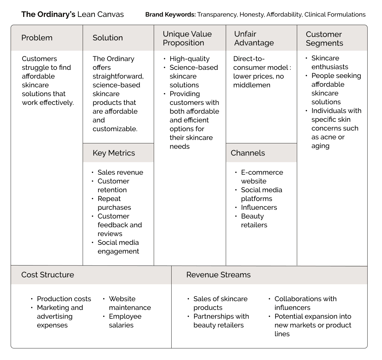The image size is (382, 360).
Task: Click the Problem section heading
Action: pos(37,38)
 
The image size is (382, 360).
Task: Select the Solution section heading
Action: pos(107,38)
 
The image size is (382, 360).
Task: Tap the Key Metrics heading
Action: pos(114,153)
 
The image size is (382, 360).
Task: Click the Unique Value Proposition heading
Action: pos(187,39)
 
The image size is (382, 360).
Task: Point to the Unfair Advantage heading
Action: pos(254,39)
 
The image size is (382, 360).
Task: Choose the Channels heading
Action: pos(248,153)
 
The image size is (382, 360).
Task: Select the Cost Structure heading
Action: pos(48,275)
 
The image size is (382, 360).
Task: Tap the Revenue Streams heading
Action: pos(218,275)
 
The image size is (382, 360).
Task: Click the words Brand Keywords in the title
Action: pos(170,15)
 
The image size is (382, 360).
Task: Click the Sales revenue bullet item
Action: pos(120,172)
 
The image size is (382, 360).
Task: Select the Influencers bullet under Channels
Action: pos(259,208)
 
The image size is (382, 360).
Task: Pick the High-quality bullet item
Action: pos(189,59)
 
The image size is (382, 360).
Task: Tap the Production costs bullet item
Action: pos(64,299)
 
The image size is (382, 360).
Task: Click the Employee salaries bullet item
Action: pos(125,321)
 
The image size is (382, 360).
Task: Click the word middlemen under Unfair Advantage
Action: pos(252,85)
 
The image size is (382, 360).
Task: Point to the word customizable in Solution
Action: pos(115,129)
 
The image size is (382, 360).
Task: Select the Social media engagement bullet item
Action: pos(118,247)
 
